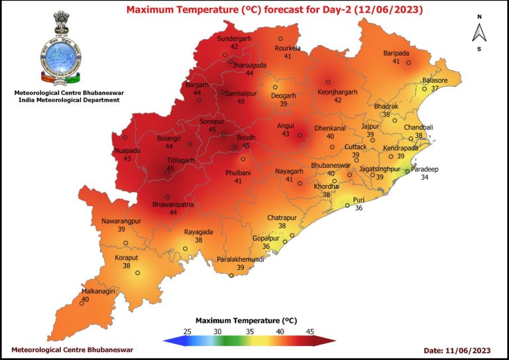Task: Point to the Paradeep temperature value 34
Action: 425,178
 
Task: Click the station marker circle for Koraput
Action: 138,272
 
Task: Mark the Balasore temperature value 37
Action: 435,88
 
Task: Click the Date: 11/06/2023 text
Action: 456,349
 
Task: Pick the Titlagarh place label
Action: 162,160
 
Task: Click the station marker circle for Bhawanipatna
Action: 168,196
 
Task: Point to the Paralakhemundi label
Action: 241,259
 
